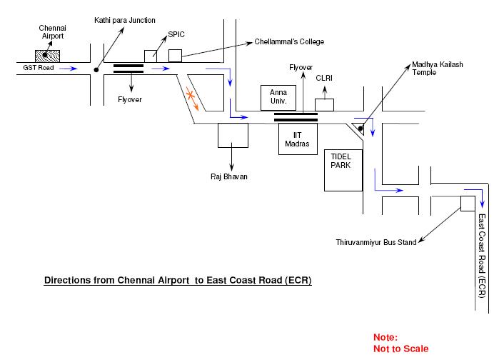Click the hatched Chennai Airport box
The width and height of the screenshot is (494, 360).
tap(47, 55)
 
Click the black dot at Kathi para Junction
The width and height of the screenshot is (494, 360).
tap(96, 70)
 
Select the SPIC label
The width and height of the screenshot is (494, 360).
tap(176, 34)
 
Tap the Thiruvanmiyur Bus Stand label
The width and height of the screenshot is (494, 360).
tap(376, 243)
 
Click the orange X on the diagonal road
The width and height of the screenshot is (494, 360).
tap(191, 95)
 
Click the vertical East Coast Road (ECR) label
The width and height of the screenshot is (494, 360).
tap(482, 256)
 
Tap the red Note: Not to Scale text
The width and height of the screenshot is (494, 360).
tap(400, 343)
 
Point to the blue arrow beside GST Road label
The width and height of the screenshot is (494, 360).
tap(69, 70)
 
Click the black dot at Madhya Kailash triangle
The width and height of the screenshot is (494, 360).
tap(361, 129)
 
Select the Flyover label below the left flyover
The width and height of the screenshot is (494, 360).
tap(130, 99)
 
